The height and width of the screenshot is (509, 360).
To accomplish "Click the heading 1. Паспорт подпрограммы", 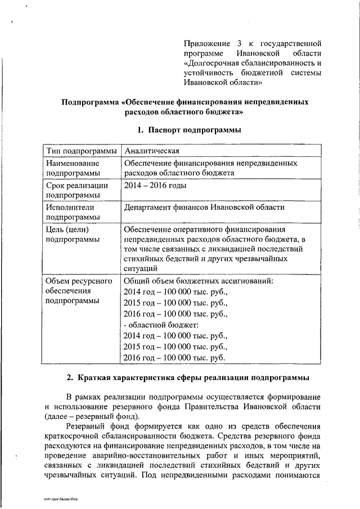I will pyautogui.click(x=190, y=130).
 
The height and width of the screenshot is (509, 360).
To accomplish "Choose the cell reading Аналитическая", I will pyautogui.click(x=152, y=152).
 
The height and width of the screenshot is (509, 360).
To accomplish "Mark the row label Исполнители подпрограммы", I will pyautogui.click(x=73, y=212).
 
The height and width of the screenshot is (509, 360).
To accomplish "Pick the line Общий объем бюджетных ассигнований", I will pyautogui.click(x=198, y=281).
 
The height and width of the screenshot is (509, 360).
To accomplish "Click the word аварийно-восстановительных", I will pyautogui.click(x=159, y=457).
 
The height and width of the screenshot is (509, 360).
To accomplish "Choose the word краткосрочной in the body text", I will pyautogui.click(x=76, y=437).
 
